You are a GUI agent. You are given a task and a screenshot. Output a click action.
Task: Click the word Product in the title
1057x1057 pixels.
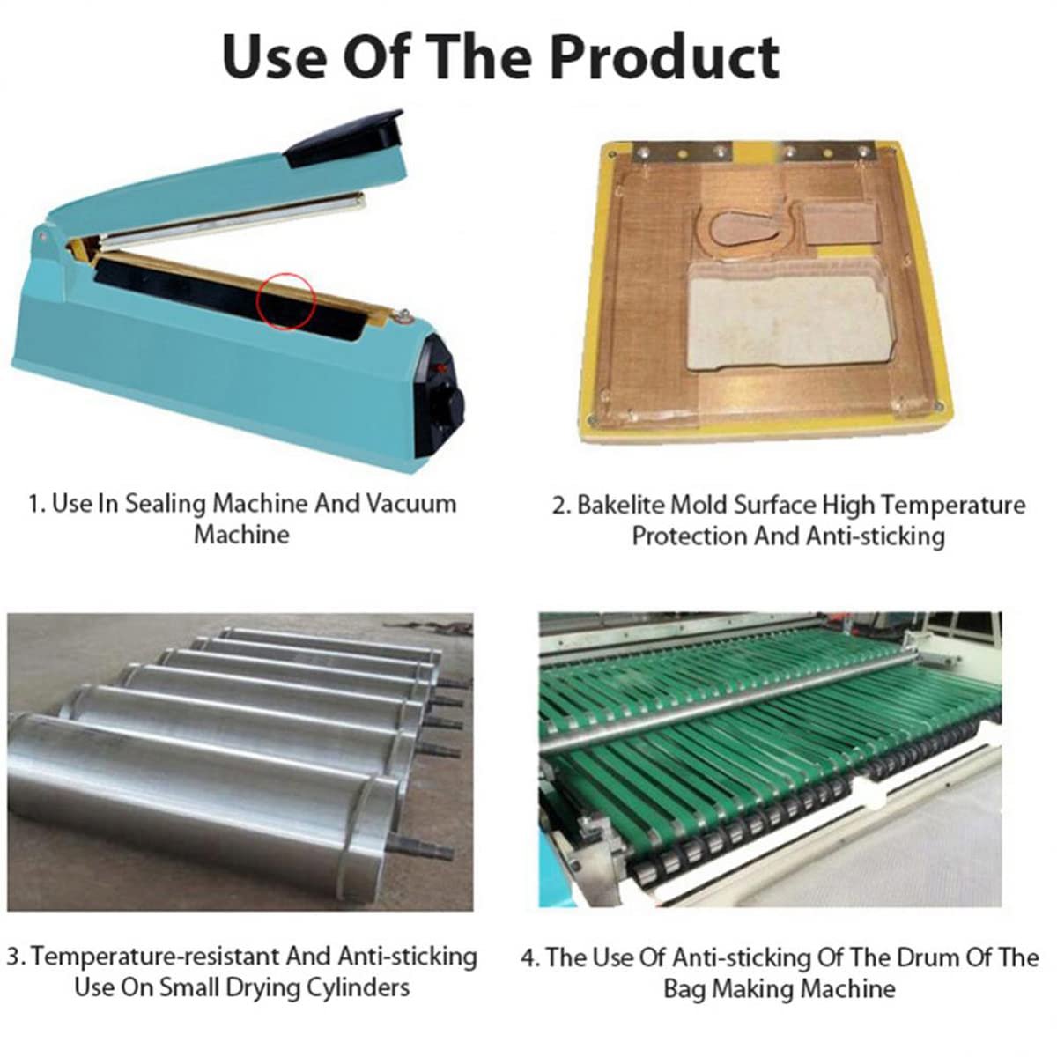coord(664,57)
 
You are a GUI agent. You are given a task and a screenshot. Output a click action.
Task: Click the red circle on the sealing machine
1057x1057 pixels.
coord(286,302)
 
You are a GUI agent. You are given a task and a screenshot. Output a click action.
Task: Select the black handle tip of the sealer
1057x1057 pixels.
coord(345,137)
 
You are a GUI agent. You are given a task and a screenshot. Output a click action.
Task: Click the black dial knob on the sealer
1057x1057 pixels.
coord(448,407)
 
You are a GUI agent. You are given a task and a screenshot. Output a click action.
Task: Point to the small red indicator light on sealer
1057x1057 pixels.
coord(439,368)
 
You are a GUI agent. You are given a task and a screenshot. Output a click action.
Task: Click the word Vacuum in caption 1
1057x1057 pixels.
coord(410,504)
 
